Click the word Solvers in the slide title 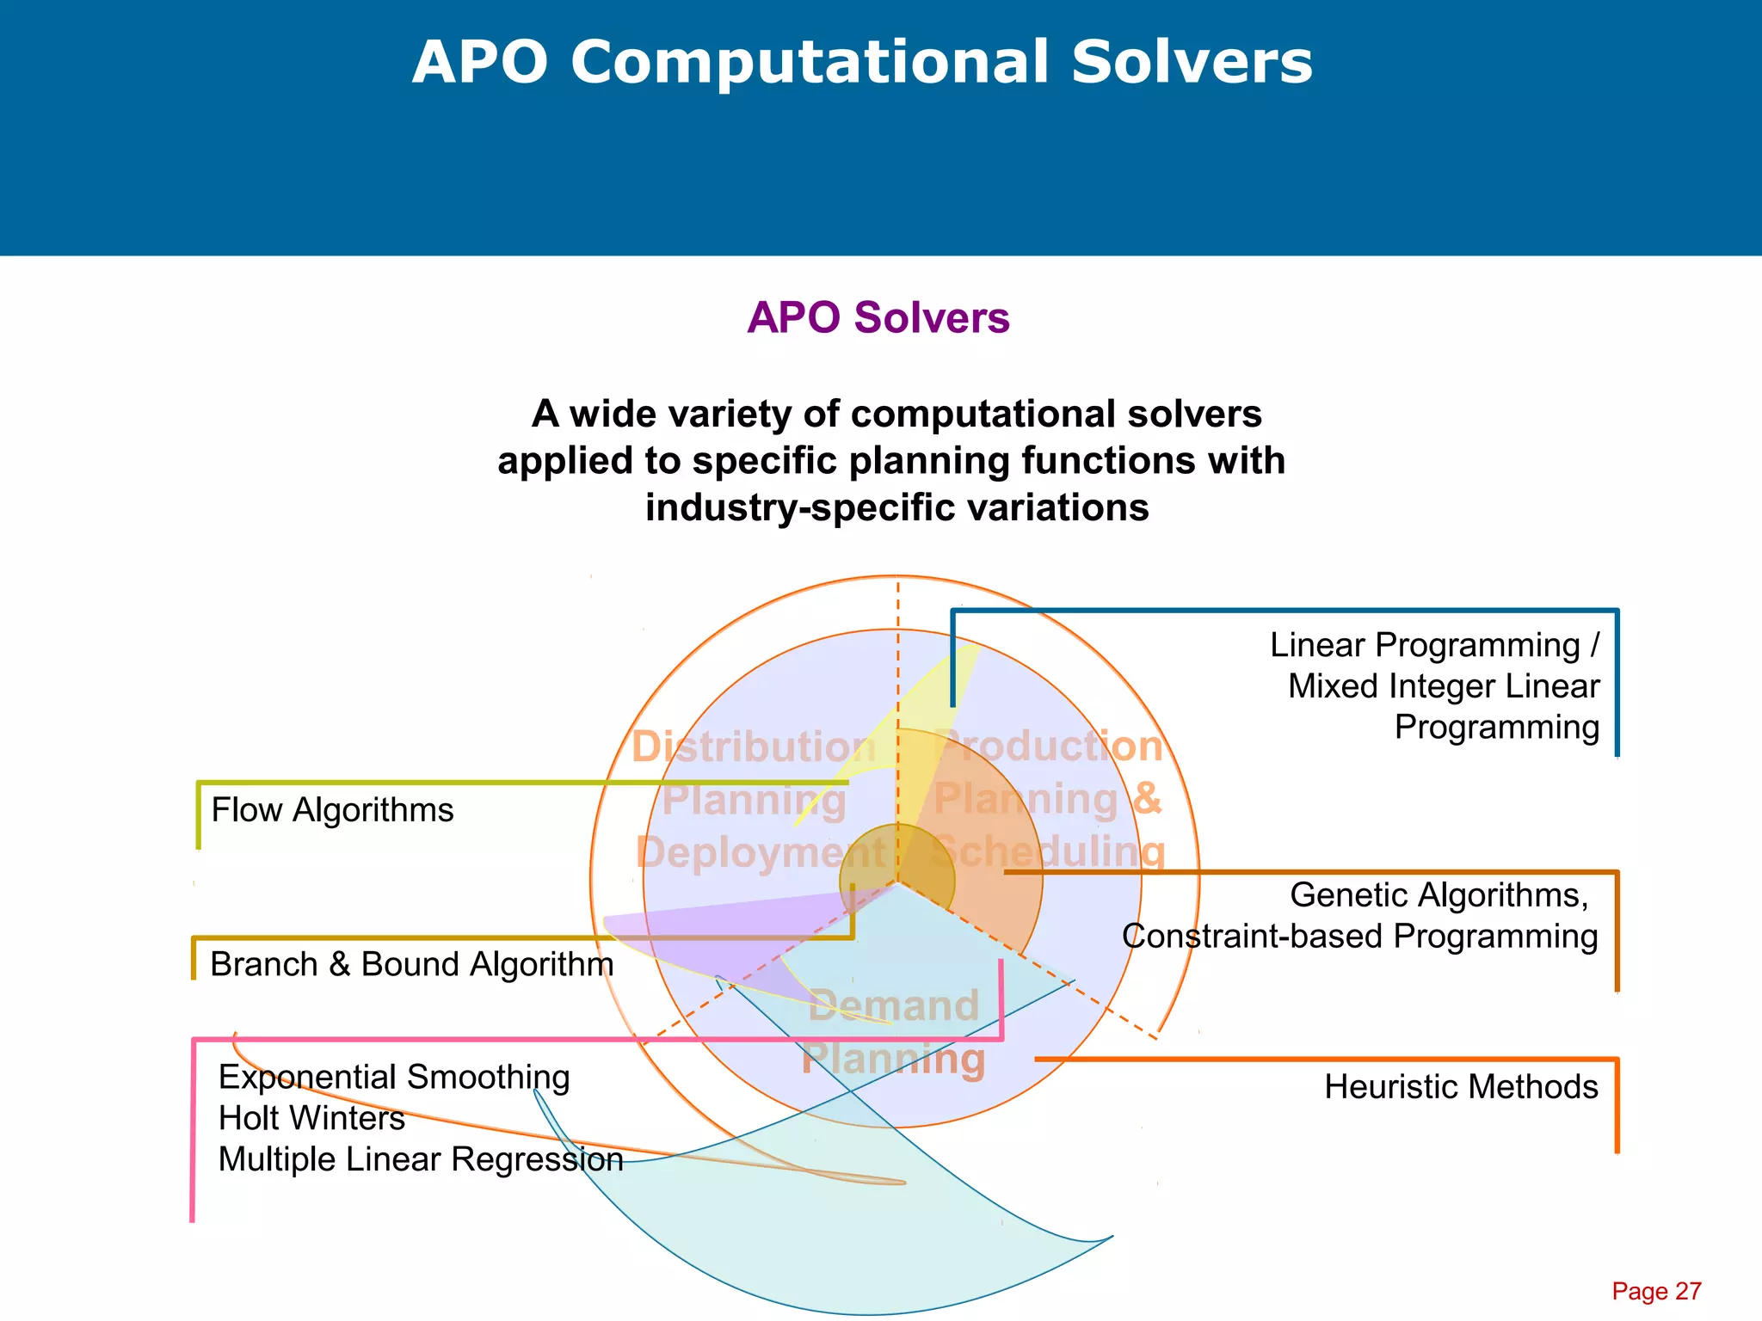[1192, 63]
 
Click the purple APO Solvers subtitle [878, 317]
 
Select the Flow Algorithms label [332, 810]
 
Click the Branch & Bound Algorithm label [411, 965]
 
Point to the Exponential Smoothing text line [394, 1077]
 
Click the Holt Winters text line [311, 1118]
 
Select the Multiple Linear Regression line [420, 1159]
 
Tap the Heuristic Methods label [1460, 1087]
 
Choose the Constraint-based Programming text [1359, 937]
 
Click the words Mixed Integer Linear [1443, 686]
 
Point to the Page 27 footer [1656, 1291]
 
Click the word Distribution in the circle [754, 747]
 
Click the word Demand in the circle [894, 1005]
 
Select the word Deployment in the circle [761, 853]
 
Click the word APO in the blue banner [480, 63]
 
